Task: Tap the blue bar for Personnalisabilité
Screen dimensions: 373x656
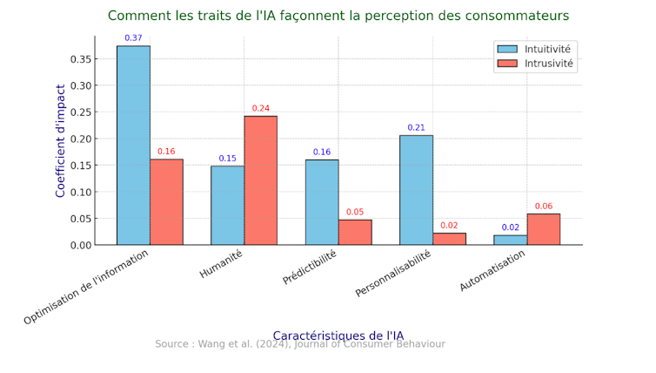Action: click(416, 189)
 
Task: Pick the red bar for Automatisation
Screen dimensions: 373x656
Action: click(543, 229)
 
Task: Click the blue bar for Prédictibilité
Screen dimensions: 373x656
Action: click(322, 201)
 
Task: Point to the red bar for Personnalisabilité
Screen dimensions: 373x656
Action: click(449, 239)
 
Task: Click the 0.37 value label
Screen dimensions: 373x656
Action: click(133, 38)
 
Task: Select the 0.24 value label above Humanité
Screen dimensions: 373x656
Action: click(260, 109)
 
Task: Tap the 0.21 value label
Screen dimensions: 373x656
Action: click(416, 128)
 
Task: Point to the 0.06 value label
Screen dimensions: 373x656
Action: click(543, 207)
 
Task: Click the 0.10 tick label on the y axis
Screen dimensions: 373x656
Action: click(80, 192)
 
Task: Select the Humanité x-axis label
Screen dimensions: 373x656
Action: click(222, 264)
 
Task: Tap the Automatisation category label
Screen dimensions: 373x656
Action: click(493, 271)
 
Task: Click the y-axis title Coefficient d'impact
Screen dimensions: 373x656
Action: click(61, 140)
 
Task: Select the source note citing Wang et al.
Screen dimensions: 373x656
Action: click(300, 345)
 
